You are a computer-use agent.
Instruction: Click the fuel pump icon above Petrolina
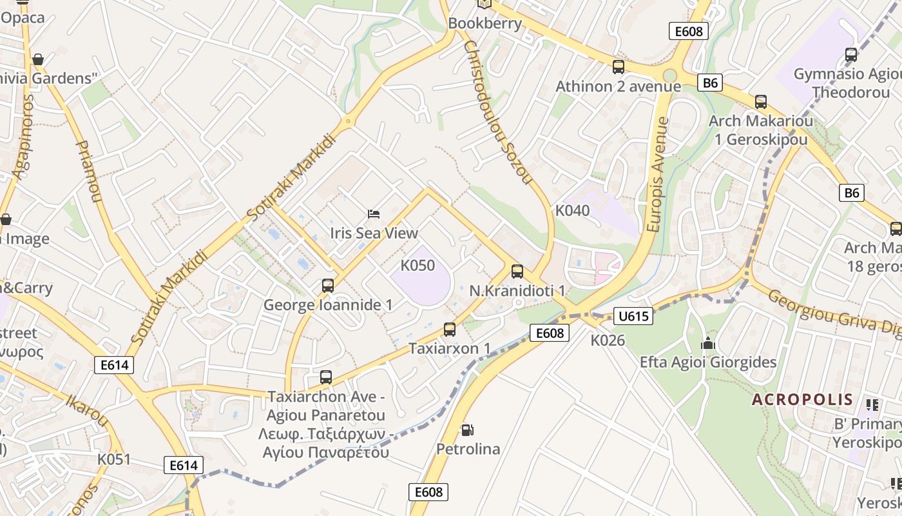467,430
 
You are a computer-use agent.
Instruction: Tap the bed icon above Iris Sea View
374,213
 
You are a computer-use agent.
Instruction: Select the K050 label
417,265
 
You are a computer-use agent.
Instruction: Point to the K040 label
572,211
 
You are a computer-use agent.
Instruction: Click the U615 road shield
633,316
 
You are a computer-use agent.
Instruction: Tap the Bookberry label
485,23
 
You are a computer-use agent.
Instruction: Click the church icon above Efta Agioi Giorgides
708,343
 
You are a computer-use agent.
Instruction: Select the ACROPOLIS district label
802,399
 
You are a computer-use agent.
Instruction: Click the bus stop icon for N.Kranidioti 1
517,272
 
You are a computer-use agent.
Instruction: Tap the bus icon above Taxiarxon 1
450,330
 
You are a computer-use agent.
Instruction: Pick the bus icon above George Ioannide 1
327,286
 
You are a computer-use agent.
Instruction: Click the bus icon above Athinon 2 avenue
618,67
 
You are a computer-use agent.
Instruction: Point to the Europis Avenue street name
657,174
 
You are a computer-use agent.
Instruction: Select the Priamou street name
89,172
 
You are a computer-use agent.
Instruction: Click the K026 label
608,340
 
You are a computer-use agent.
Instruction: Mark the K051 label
114,459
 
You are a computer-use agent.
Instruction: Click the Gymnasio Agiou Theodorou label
847,83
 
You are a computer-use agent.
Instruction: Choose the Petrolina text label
468,449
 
